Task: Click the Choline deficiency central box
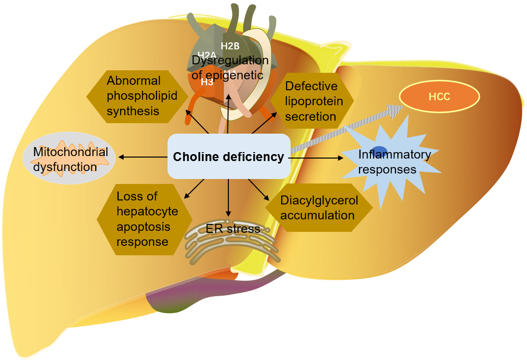tap(228, 157)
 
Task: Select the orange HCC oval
tap(439, 96)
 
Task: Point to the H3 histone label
tap(207, 82)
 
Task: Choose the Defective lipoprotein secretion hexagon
tap(311, 101)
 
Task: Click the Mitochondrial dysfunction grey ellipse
tap(69, 159)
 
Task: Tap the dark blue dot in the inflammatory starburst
tap(379, 151)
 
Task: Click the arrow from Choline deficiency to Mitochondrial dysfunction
tap(143, 158)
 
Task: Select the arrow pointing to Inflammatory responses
tap(317, 158)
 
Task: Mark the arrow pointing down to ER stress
tap(228, 197)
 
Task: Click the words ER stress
tap(233, 229)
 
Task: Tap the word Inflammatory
tap(394, 155)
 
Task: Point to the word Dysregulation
tap(230, 61)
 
